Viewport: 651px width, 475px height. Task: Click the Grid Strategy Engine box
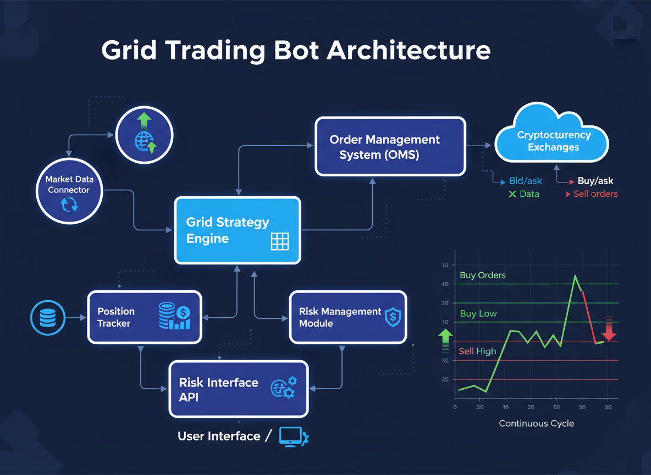(x=238, y=230)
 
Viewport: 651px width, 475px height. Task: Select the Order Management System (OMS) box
(x=390, y=146)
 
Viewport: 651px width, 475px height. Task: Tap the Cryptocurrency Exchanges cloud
(x=553, y=139)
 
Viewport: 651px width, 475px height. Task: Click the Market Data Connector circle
(x=69, y=191)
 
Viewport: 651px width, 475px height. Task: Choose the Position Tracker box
(x=145, y=317)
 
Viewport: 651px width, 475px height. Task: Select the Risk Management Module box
(x=348, y=317)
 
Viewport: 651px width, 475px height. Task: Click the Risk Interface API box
(x=238, y=388)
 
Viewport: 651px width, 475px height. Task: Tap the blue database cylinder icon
(x=46, y=317)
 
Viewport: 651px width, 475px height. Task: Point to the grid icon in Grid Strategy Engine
(x=280, y=242)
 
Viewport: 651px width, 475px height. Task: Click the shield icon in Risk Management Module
(x=393, y=317)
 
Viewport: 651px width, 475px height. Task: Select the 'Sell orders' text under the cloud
(x=595, y=194)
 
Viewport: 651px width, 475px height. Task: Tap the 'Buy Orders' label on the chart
(x=483, y=275)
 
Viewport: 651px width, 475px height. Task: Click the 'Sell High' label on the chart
(x=477, y=351)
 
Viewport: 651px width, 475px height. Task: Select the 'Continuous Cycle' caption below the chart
(x=536, y=423)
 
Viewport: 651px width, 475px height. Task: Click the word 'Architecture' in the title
(x=409, y=51)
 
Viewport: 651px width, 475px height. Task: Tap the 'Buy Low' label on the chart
(x=478, y=313)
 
